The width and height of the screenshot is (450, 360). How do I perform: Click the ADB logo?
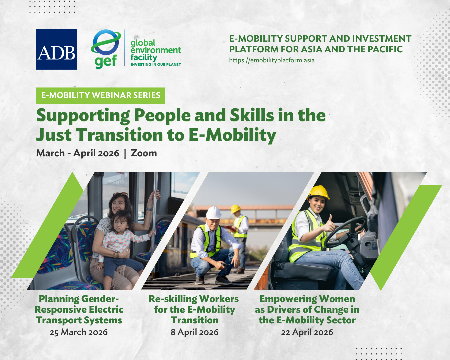tap(56, 49)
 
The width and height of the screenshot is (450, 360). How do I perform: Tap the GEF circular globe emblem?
tap(106, 42)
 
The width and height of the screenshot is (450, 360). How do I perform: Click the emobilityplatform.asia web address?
tap(272, 60)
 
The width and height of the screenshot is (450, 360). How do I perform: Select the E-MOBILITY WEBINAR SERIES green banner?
tap(101, 95)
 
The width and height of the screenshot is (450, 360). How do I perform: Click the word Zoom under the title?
tap(144, 153)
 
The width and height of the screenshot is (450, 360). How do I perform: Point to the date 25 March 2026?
tap(79, 332)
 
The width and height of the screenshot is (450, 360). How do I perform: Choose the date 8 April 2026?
tap(194, 332)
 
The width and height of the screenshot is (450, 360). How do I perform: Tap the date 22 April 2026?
tap(307, 332)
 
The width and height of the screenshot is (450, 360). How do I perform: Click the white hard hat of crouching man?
tap(213, 213)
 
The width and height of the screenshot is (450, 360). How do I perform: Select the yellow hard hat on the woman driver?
tap(318, 192)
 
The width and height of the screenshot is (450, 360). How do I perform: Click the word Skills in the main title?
tap(252, 115)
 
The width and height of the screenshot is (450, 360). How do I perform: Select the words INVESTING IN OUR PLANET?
tap(156, 64)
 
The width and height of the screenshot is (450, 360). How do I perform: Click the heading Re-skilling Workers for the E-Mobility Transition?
tap(194, 309)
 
